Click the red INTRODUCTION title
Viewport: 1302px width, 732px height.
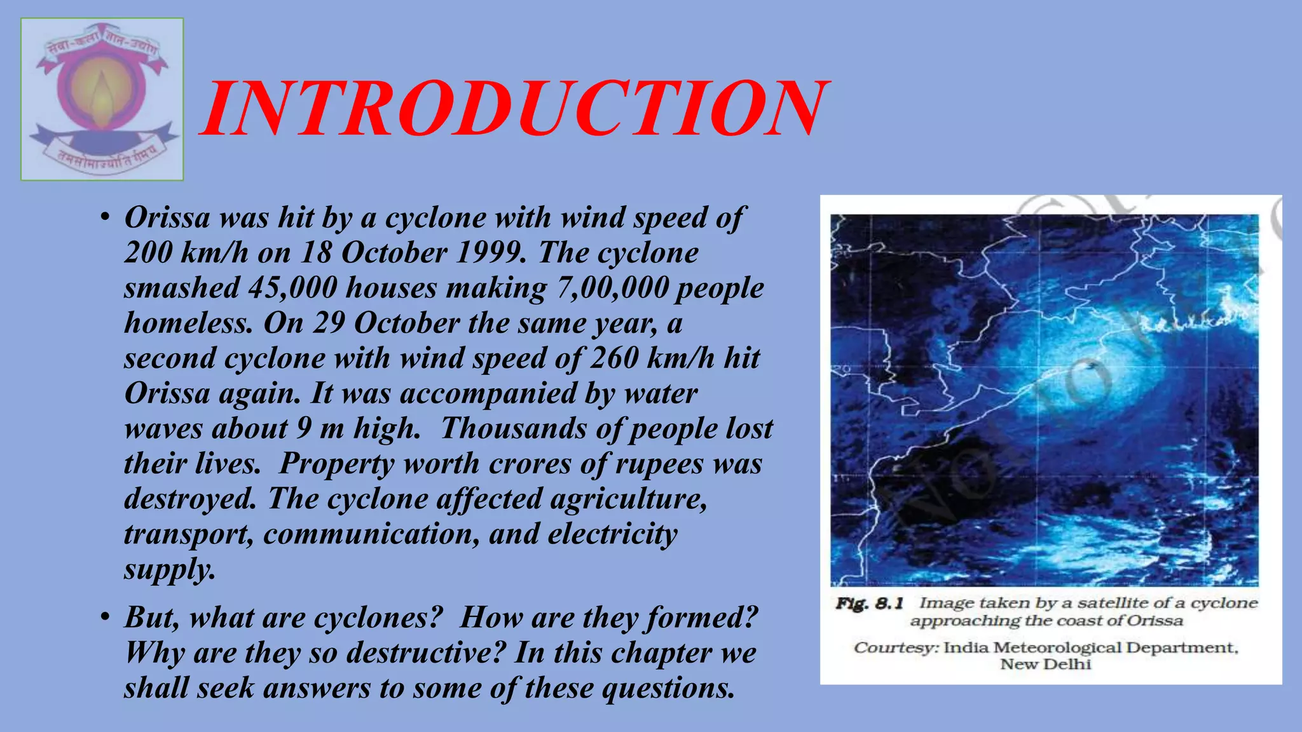tap(514, 109)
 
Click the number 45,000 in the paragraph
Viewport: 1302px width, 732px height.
tap(292, 288)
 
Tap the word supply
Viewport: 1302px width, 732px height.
tap(169, 569)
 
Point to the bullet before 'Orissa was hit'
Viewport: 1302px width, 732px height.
tap(105, 218)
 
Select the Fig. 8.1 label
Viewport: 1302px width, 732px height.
tap(869, 604)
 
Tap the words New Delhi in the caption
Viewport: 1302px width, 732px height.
tap(1045, 665)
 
